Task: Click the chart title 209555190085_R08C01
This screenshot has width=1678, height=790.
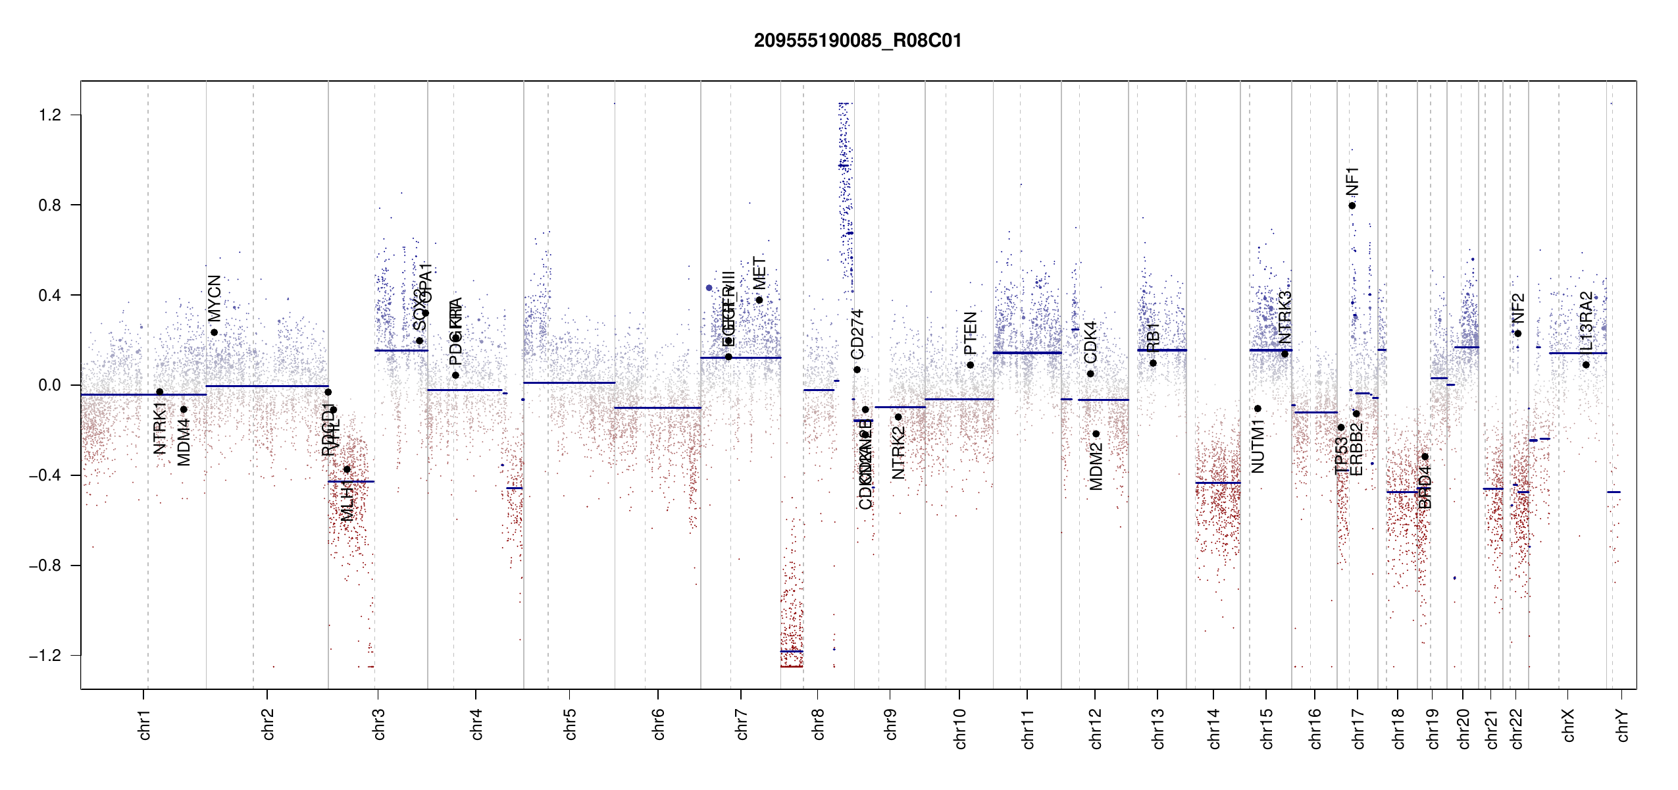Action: (857, 41)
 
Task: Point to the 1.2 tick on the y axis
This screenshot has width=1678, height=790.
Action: (50, 115)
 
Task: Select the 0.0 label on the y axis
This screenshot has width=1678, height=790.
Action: (50, 385)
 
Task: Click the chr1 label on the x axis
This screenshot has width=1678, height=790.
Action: (144, 724)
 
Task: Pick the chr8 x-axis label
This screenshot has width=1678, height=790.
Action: (818, 724)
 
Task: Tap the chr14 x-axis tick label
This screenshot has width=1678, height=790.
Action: (1214, 728)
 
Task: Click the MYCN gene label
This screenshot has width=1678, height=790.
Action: (215, 298)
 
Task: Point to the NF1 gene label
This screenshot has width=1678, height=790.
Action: (1352, 181)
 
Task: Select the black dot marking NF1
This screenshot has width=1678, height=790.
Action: (1352, 205)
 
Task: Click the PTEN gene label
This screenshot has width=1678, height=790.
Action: (971, 333)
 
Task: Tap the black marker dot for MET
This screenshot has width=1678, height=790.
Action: (759, 300)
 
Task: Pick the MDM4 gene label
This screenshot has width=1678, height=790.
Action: (184, 442)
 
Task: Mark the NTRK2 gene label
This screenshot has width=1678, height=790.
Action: (898, 452)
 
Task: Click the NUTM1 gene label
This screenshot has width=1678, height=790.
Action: (1258, 450)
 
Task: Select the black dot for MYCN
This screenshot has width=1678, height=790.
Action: (215, 332)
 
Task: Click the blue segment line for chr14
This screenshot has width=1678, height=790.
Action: (1217, 483)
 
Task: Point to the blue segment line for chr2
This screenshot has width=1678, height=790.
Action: (267, 386)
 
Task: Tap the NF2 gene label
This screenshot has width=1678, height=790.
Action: (1518, 308)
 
